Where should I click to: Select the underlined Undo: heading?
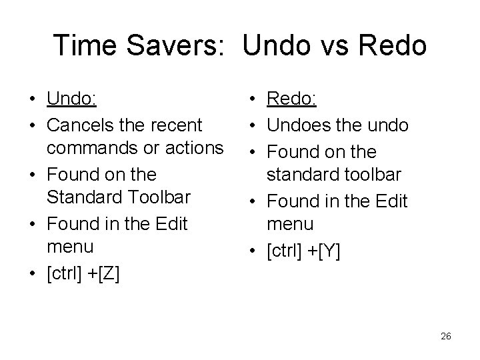[x=72, y=100]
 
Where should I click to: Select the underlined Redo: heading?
[x=292, y=100]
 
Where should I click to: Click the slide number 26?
[x=446, y=337]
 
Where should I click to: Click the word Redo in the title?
[x=393, y=45]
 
